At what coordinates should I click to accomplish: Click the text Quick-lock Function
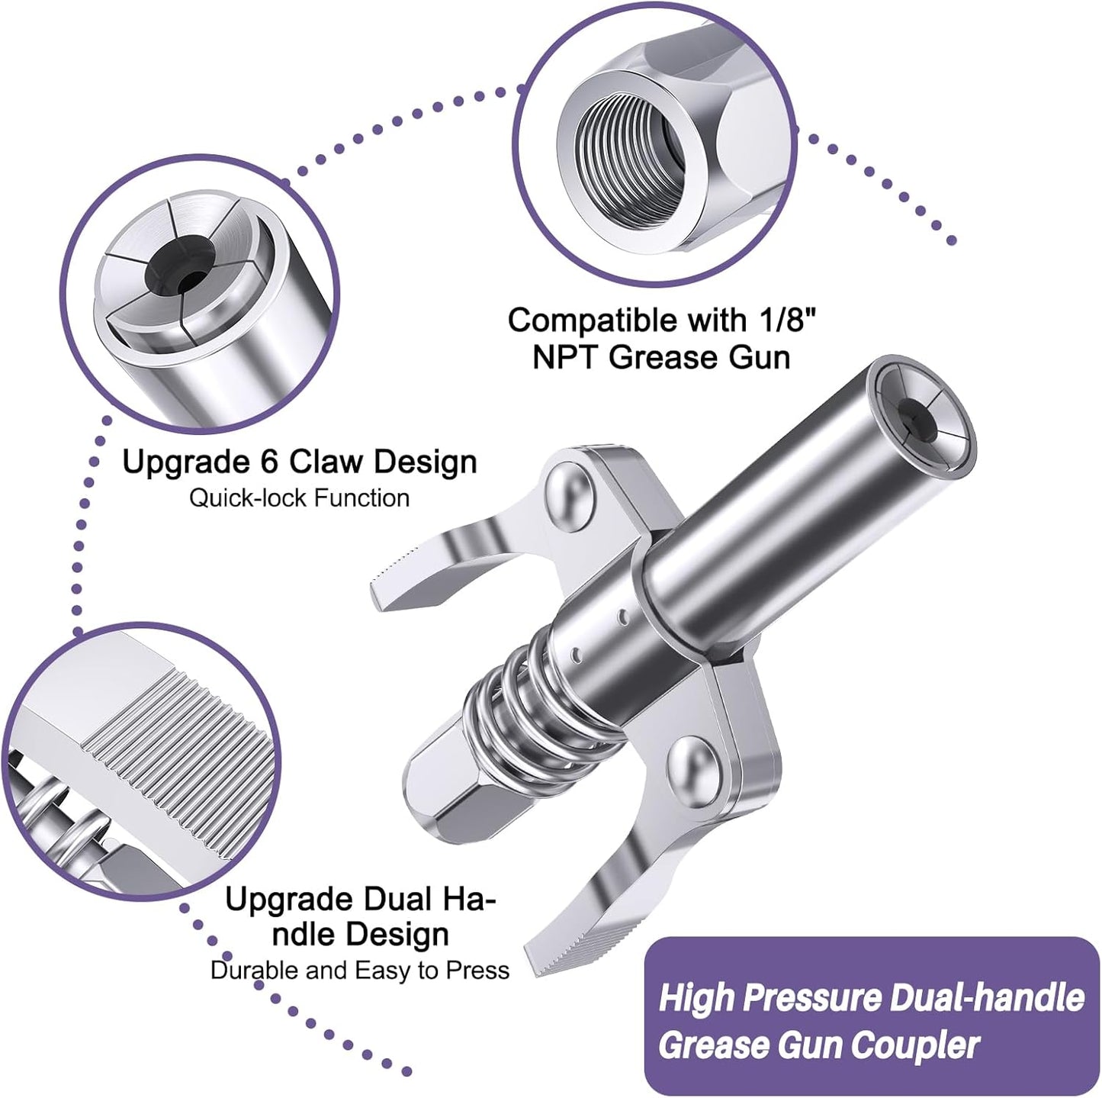coord(299,498)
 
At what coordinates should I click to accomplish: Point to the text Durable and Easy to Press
coord(360,971)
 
